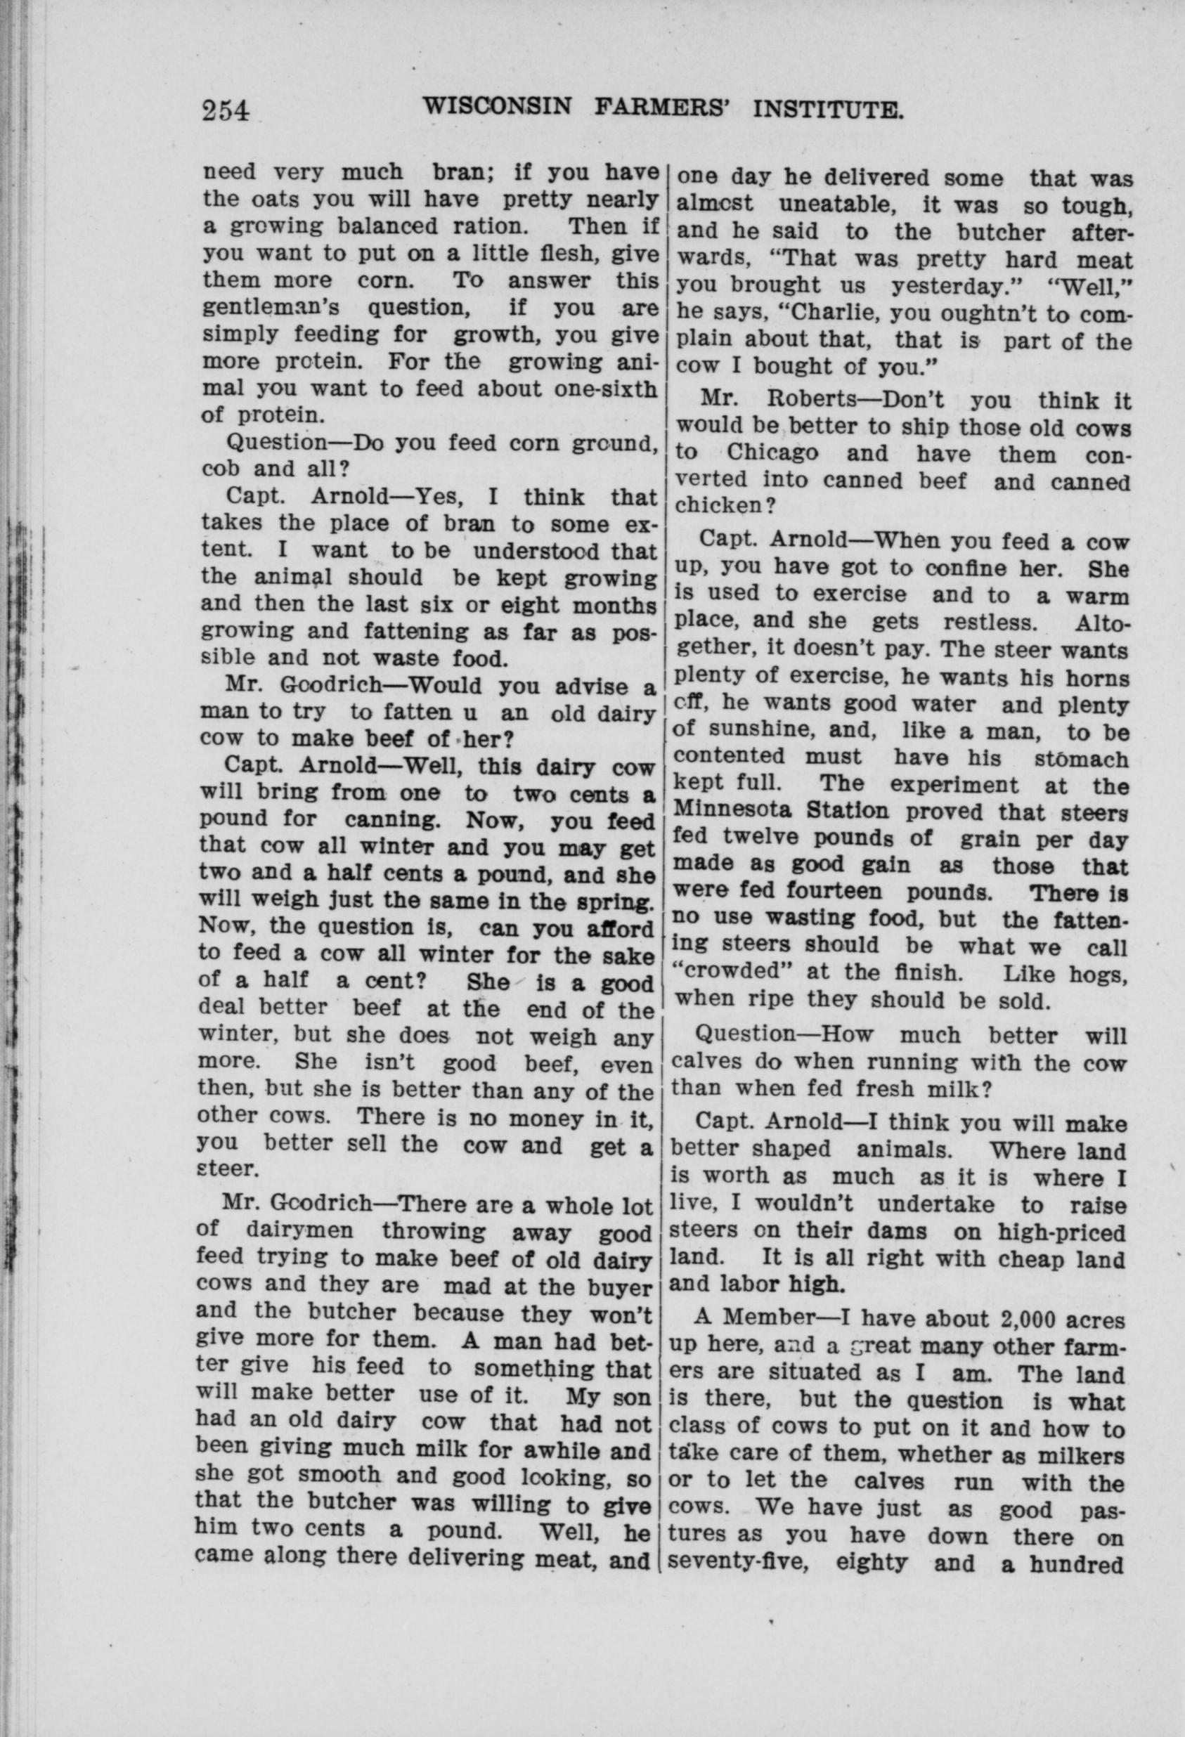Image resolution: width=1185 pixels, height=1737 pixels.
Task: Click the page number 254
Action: [224, 110]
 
